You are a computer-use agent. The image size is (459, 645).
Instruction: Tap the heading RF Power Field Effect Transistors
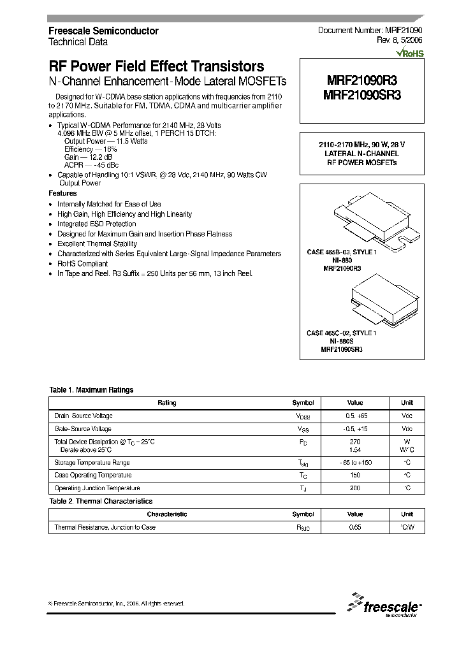pyautogui.click(x=156, y=66)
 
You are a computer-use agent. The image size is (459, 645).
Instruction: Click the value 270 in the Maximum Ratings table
pyautogui.click(x=355, y=442)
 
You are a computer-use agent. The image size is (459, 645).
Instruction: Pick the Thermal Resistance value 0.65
pyautogui.click(x=355, y=528)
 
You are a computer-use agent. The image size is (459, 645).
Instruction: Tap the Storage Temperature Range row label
pyautogui.click(x=92, y=463)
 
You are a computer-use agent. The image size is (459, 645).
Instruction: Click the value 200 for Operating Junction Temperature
pyautogui.click(x=355, y=488)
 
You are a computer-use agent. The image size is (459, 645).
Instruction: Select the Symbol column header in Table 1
pyautogui.click(x=303, y=403)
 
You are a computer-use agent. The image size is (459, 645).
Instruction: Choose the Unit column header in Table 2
pyautogui.click(x=407, y=514)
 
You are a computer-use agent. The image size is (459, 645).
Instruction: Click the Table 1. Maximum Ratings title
pyautogui.click(x=91, y=390)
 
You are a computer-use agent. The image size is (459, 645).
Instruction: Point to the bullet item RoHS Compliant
pyautogui.click(x=83, y=263)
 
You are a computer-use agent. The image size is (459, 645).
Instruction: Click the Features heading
pyautogui.click(x=62, y=193)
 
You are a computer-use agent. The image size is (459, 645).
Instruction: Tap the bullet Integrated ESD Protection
pyautogui.click(x=96, y=224)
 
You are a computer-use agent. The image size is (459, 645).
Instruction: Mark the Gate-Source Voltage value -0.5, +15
pyautogui.click(x=355, y=429)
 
